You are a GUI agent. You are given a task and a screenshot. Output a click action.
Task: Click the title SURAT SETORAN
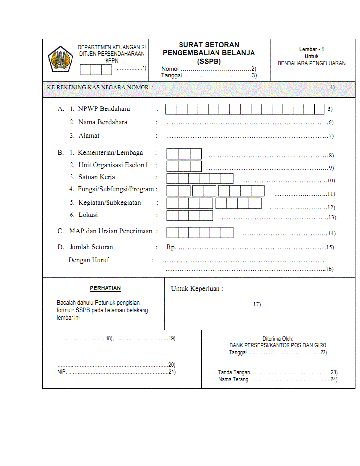tap(209, 45)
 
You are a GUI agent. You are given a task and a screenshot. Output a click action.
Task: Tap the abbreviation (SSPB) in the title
tap(209, 61)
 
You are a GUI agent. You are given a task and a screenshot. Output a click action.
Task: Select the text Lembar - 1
tap(311, 50)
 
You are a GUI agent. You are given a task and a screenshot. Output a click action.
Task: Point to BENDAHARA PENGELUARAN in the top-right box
tap(311, 63)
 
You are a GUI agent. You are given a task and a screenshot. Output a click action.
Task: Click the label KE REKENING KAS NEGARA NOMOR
tap(98, 87)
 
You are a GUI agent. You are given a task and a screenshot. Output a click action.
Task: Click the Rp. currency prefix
tap(171, 247)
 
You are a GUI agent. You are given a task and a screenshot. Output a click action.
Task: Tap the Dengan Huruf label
tap(89, 260)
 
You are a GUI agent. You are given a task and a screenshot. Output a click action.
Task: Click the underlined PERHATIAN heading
tap(105, 288)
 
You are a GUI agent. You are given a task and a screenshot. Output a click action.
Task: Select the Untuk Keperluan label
tap(197, 289)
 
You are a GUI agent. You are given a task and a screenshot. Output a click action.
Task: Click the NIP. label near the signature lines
tap(61, 372)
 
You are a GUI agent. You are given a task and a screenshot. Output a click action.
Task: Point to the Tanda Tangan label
tap(234, 373)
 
